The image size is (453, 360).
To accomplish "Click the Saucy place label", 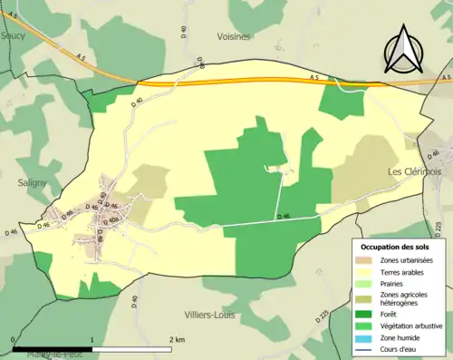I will click(x=13, y=35).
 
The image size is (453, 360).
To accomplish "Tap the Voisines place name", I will click(x=235, y=35).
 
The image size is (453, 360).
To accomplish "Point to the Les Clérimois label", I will click(x=414, y=171).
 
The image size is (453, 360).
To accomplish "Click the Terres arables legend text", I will click(x=404, y=270).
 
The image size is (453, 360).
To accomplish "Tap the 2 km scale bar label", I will click(x=178, y=339).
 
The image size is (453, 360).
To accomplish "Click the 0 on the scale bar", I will click(x=13, y=339).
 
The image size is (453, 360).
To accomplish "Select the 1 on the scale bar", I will click(x=92, y=339).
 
